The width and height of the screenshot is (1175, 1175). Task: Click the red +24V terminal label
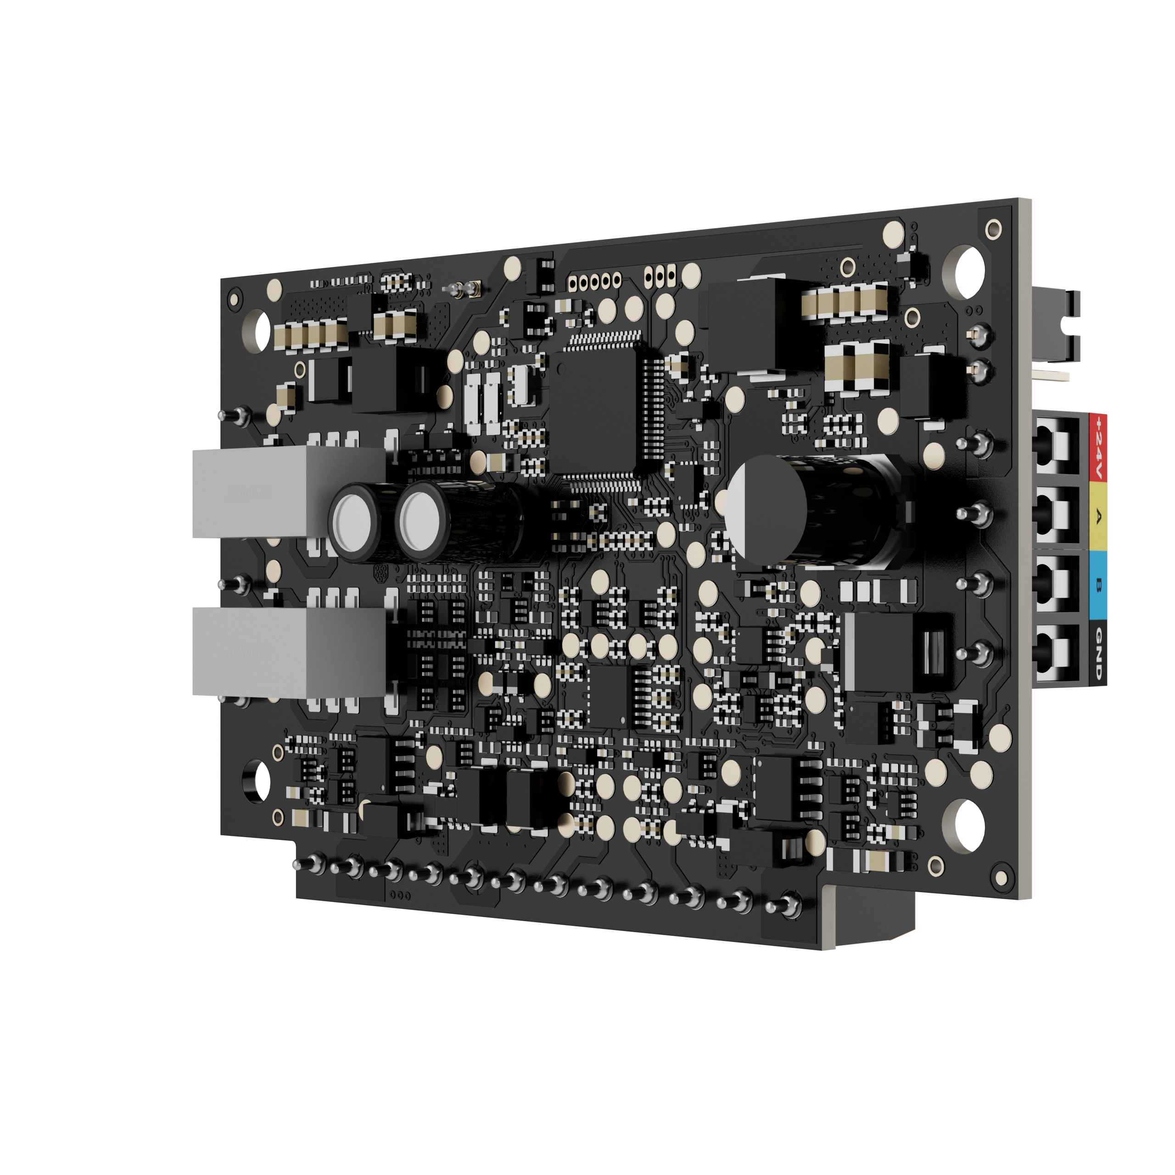tap(1098, 448)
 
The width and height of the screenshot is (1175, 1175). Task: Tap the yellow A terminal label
tap(1098, 516)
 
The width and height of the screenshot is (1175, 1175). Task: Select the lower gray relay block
tap(288, 651)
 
